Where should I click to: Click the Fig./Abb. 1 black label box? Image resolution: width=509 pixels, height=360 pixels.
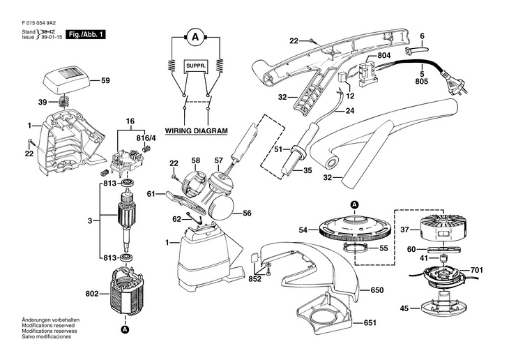click(86, 34)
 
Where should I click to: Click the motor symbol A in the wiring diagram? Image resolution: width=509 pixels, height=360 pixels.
click(195, 38)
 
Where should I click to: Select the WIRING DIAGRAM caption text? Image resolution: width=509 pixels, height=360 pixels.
click(197, 131)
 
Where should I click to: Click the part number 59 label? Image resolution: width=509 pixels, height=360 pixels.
click(105, 80)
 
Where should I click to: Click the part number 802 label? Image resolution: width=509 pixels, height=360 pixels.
click(91, 294)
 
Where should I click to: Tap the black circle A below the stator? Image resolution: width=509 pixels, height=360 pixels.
click(125, 329)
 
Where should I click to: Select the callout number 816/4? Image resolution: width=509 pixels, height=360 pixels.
click(146, 138)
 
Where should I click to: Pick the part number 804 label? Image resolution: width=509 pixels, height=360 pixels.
click(384, 56)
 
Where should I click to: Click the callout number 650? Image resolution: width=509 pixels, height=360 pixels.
click(377, 290)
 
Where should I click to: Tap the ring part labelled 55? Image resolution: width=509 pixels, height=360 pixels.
click(356, 249)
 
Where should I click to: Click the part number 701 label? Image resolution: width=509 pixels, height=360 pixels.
click(476, 270)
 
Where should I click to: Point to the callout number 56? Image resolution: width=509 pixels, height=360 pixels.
click(247, 213)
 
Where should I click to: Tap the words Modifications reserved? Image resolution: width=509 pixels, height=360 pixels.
click(48, 325)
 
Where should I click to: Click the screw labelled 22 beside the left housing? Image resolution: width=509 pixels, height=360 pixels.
click(31, 142)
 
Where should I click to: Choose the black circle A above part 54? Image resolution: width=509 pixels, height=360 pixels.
click(355, 204)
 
